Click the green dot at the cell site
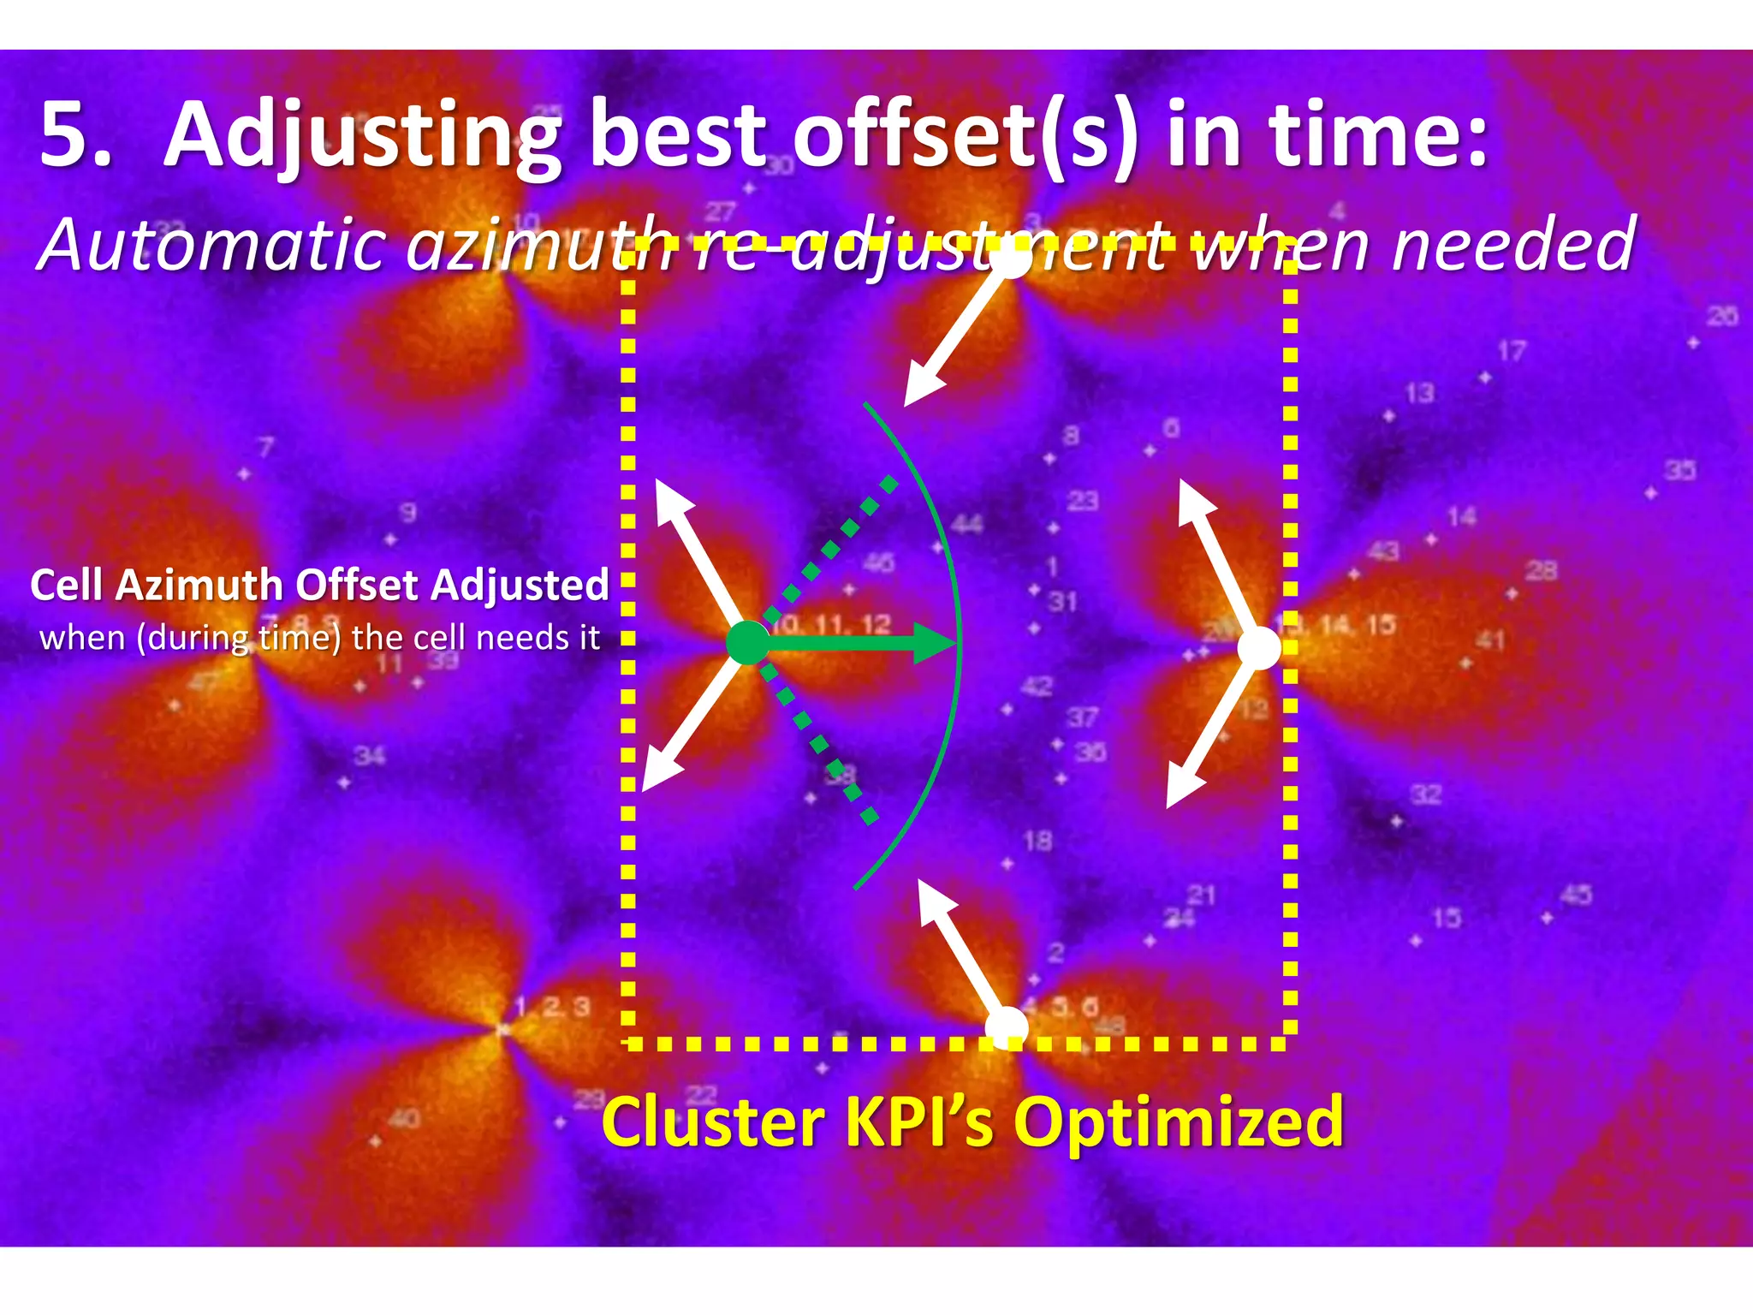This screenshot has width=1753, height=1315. [x=748, y=643]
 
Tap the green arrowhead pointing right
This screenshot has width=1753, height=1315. [x=935, y=643]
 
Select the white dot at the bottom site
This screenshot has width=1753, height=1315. [x=1007, y=1027]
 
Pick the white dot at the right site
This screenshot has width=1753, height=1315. [x=1259, y=648]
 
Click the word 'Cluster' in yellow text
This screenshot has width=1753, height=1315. [x=715, y=1122]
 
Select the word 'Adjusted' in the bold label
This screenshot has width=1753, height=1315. [x=520, y=586]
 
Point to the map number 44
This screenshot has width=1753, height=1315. [x=966, y=522]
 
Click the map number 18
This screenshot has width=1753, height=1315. [x=1037, y=841]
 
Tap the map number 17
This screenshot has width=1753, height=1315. [x=1512, y=351]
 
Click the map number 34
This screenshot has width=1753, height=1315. [x=370, y=756]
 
